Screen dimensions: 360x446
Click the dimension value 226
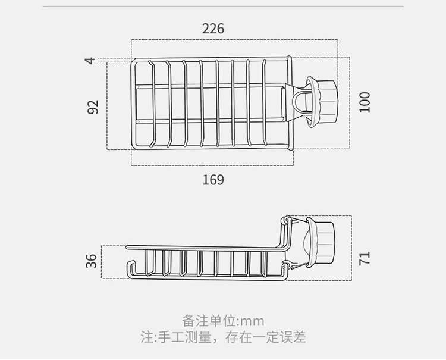click(213, 29)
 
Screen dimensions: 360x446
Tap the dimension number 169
click(213, 180)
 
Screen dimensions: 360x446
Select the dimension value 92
click(93, 107)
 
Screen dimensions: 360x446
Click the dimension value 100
click(365, 102)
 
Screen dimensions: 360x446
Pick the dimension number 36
click(92, 261)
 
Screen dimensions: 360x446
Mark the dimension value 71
click(365, 257)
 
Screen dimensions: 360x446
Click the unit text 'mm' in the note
click(252, 321)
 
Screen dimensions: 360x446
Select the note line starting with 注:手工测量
click(223, 337)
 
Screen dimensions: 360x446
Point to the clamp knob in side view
click(322, 243)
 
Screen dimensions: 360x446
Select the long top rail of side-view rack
click(202, 247)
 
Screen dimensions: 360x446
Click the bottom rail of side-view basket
click(208, 276)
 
